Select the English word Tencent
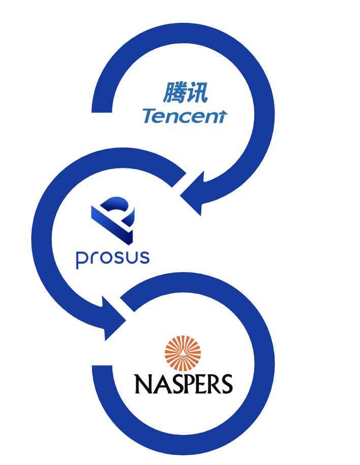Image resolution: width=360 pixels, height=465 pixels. [185, 117]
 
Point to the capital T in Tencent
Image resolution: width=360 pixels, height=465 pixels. [149, 116]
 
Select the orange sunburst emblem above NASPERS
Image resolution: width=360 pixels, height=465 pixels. [183, 354]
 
